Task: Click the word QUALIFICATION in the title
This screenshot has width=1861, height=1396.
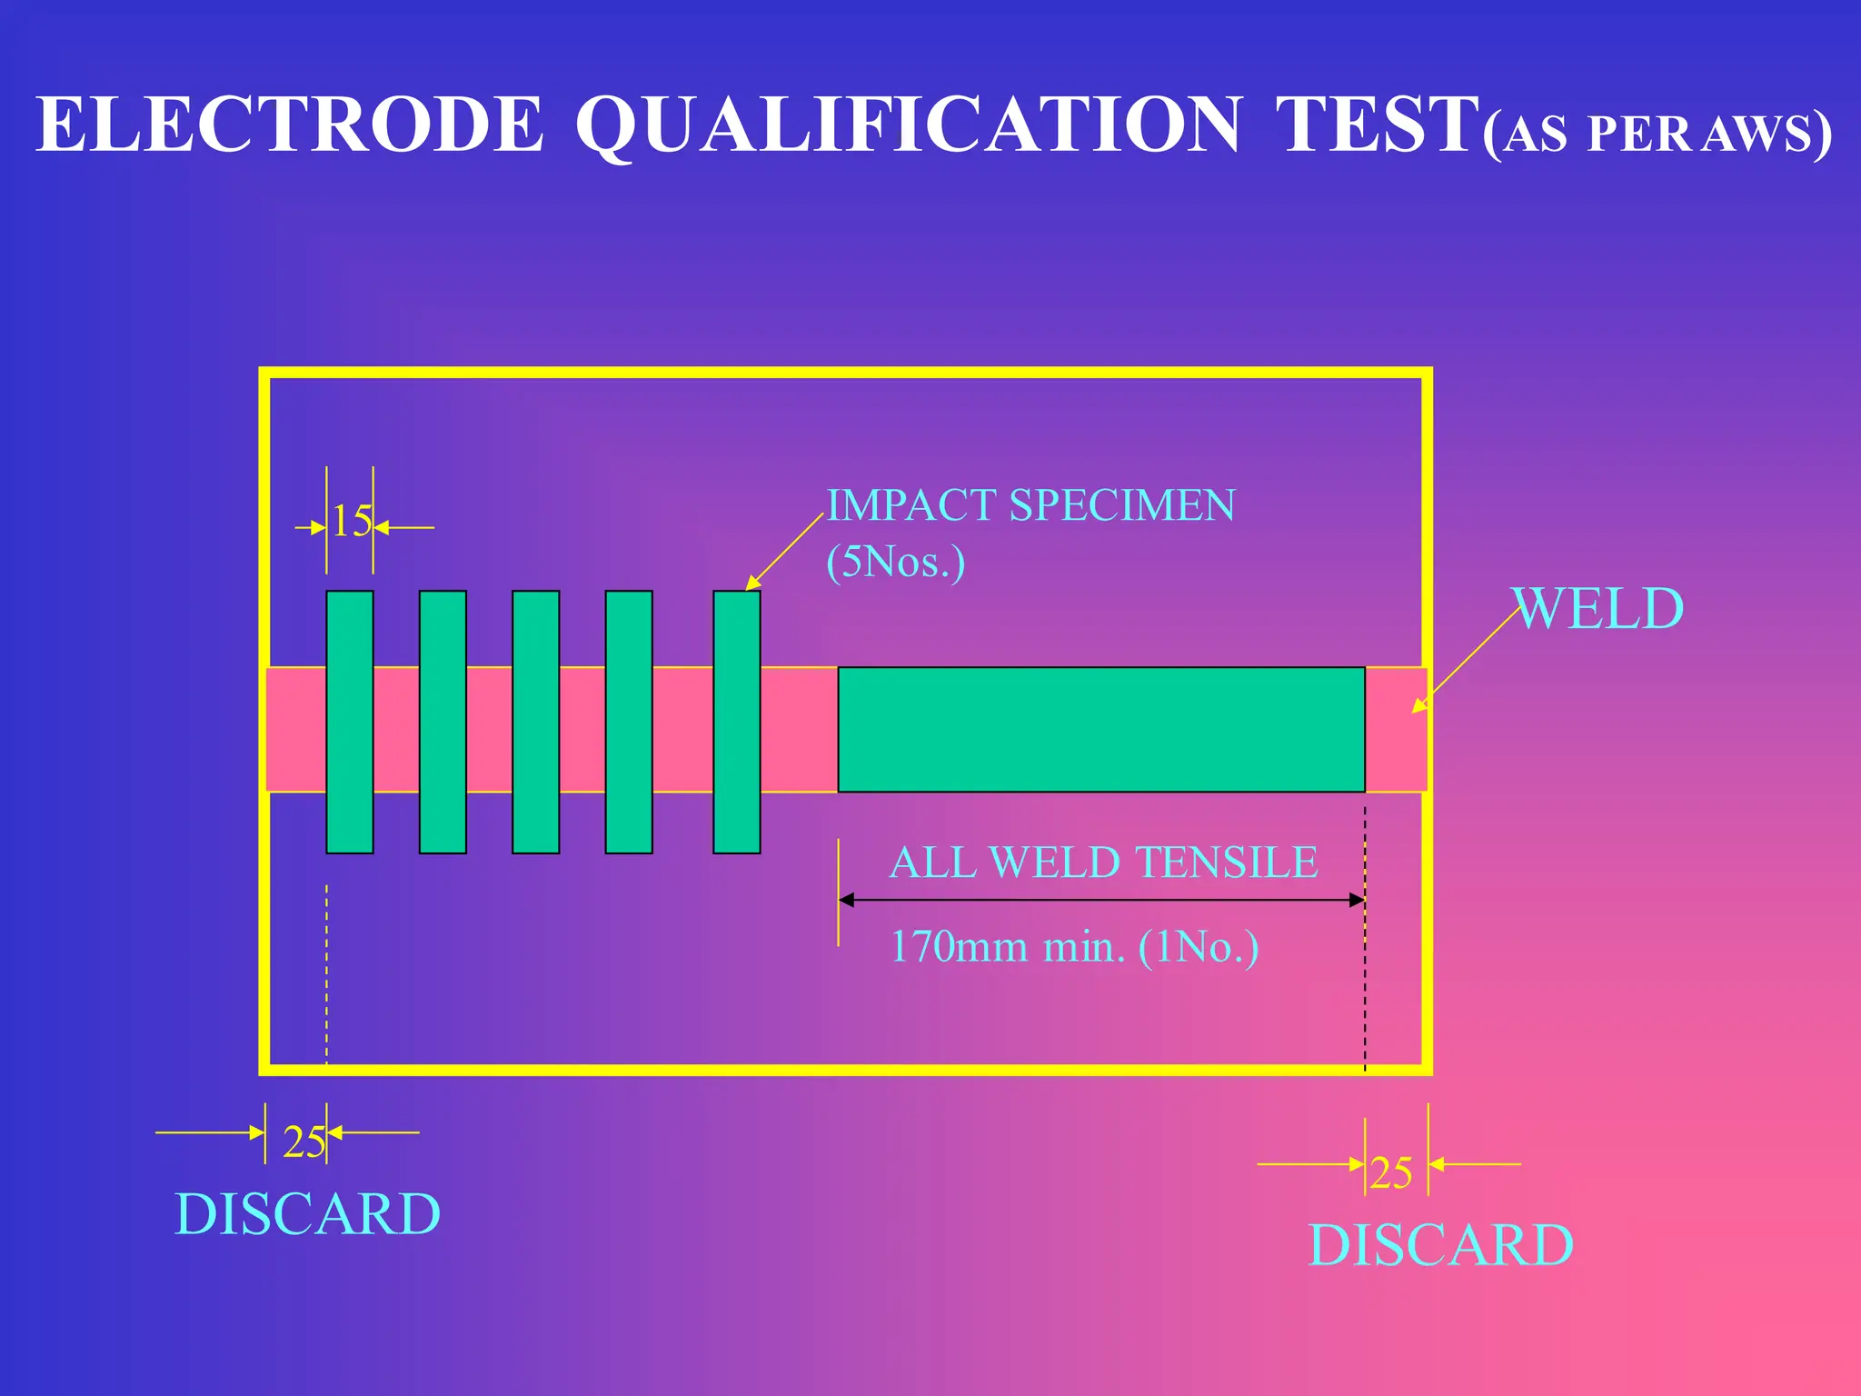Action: coord(909,125)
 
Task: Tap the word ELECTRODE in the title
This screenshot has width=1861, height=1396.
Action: coord(289,125)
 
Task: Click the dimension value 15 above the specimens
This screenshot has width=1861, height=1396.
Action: coord(351,523)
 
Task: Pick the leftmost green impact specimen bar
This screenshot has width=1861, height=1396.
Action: coord(350,722)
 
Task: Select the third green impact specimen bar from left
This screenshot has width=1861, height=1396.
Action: coord(535,722)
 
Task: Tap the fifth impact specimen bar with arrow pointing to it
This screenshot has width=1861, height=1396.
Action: coord(736,722)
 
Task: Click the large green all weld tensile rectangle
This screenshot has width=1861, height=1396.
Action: coord(1100,729)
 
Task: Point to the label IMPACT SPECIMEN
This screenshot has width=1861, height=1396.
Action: coord(1030,505)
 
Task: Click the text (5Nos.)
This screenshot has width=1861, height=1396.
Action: coord(895,562)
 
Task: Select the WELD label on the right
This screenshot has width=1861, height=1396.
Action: coord(1598,609)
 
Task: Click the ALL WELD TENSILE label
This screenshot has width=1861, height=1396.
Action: coord(1103,863)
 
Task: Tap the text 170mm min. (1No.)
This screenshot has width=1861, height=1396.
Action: coord(1074,947)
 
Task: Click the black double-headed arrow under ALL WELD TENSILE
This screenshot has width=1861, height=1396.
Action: coord(1100,900)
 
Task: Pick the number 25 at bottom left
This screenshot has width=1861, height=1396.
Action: coord(304,1142)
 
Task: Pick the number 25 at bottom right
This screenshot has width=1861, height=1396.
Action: coord(1390,1173)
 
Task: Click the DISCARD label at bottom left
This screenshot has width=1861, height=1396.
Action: coord(307,1214)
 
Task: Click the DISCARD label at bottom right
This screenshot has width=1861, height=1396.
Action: coord(1440,1245)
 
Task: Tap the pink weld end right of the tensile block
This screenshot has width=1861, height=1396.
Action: coord(1396,729)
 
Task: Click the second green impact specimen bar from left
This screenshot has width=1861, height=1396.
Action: coord(443,722)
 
